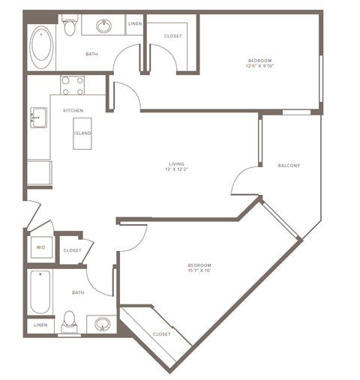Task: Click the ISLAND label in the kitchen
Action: pos(82,133)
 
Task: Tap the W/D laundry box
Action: pos(40,248)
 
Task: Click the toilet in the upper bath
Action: pos(70,28)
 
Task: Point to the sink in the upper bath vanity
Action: pos(105,27)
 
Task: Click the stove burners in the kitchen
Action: pos(70,86)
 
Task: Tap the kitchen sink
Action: pos(37,117)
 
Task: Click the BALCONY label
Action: pos(289,166)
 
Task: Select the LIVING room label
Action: pos(177,164)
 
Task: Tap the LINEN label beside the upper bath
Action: pos(135,24)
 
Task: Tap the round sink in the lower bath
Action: pos(102,325)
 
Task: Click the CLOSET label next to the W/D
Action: pos(72,250)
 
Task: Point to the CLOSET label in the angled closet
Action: pos(161,334)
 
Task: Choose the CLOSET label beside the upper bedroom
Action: pos(173,36)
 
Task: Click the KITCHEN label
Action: pos(73,111)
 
